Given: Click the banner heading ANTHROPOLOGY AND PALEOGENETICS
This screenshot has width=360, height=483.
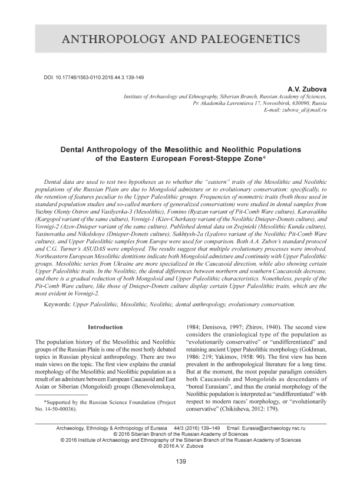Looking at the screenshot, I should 180,39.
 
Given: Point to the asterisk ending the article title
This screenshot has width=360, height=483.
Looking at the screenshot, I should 270,160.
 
